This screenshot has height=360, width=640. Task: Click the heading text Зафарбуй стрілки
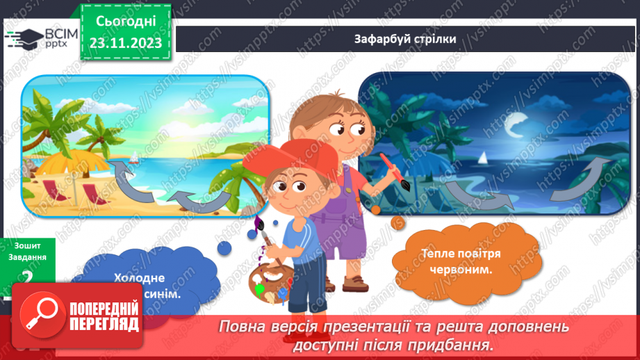pyautogui.click(x=404, y=39)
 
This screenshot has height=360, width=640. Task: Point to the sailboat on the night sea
pyautogui.click(x=482, y=159)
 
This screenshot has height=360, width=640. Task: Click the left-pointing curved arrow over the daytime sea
pyautogui.click(x=202, y=200)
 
